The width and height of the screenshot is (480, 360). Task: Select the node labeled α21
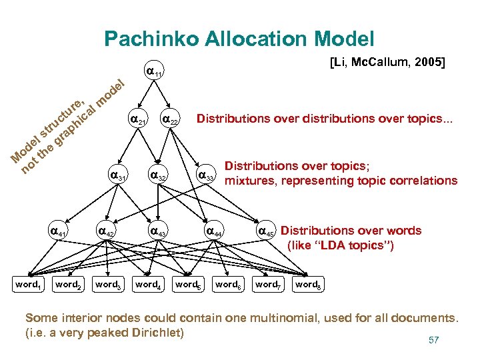click(137, 120)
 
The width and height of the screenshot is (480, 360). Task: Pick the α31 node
click(117, 177)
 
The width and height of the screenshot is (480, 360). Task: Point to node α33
click(207, 177)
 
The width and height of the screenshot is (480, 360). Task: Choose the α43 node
click(158, 231)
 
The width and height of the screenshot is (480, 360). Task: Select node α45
click(266, 232)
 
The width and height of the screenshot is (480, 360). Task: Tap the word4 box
click(147, 285)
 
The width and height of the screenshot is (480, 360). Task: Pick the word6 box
click(227, 285)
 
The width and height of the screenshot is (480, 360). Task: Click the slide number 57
click(433, 341)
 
